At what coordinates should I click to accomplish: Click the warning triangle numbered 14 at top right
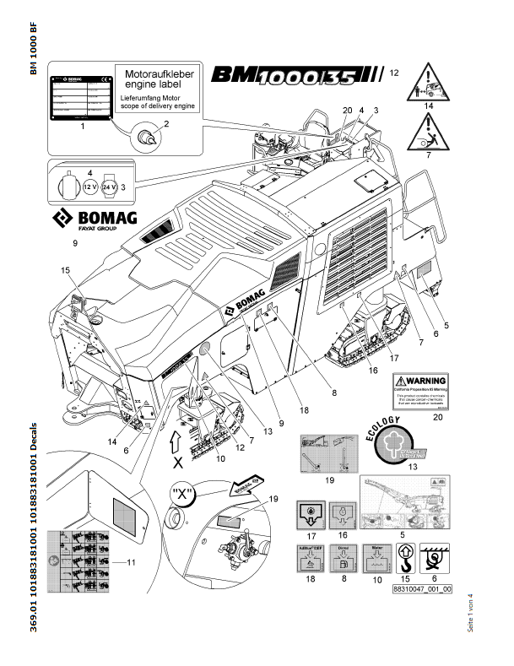430,82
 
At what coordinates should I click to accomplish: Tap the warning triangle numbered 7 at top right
429,128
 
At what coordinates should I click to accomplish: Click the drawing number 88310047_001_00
422,590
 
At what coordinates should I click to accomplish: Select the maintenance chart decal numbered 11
82,560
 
